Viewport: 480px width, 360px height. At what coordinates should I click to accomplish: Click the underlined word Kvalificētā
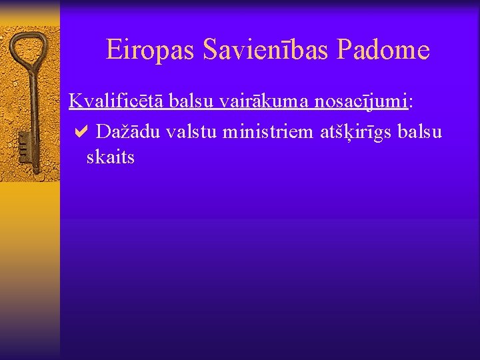tap(117, 101)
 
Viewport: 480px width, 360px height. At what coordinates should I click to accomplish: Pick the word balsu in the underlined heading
tap(191, 101)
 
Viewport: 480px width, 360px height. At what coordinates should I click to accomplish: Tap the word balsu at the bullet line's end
tap(419, 131)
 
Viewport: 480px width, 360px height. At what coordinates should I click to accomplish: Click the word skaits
tap(111, 157)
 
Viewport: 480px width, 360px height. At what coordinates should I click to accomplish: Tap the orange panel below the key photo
tap(30, 267)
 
